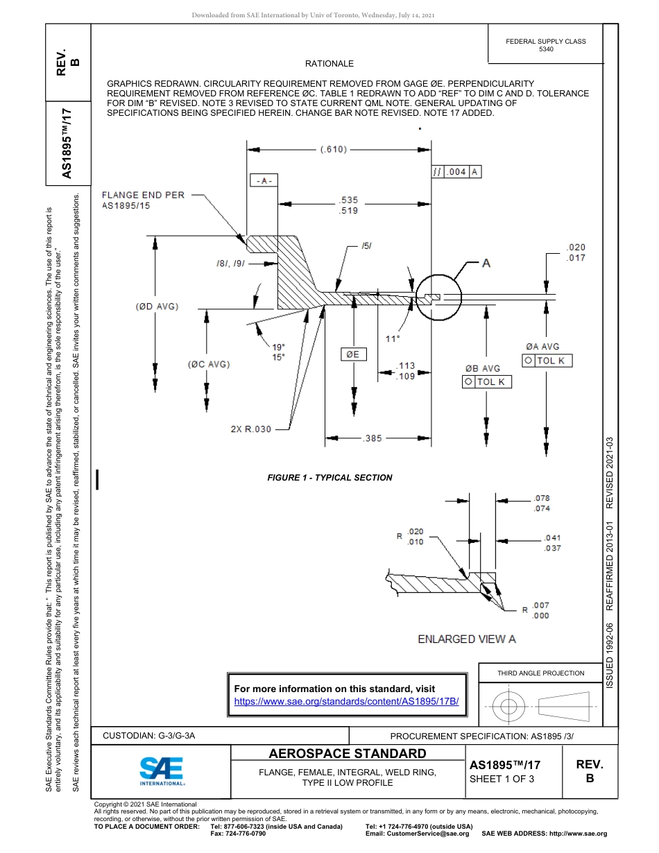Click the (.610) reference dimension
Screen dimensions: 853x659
coord(334,149)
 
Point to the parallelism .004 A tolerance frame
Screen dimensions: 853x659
coord(456,172)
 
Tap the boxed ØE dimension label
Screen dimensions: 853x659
coord(353,354)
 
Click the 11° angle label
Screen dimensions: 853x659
coord(393,338)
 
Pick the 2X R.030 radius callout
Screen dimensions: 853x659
coord(250,429)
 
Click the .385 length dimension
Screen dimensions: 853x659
coord(373,438)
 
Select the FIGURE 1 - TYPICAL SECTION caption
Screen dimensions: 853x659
coord(329,478)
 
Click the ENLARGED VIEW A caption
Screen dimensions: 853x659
coord(466,639)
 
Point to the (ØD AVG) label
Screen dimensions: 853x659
coord(157,307)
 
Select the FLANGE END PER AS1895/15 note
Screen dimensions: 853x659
coord(143,200)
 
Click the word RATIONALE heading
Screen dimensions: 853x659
coord(329,64)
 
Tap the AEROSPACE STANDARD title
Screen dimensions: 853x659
coord(348,754)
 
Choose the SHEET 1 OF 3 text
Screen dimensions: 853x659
coord(502,778)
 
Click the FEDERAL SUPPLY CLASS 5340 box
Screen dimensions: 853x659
coord(545,45)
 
